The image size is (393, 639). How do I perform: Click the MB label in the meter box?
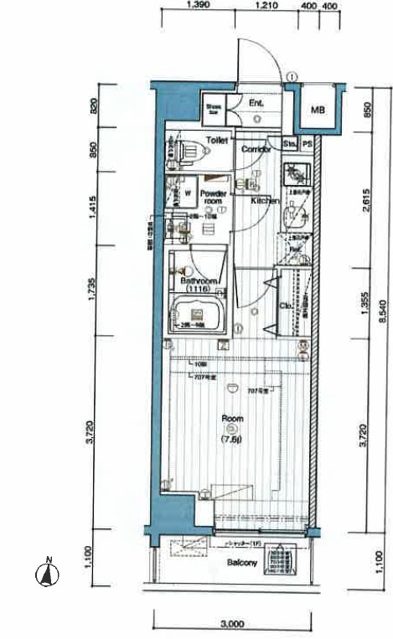tap(318, 111)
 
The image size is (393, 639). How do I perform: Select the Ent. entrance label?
tap(256, 103)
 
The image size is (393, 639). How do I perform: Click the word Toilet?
tap(217, 140)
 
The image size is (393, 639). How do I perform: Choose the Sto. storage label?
tap(289, 143)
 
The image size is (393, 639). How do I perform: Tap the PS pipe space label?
tap(307, 143)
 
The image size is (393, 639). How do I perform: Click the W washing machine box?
tap(187, 192)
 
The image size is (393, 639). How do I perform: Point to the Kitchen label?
tap(265, 201)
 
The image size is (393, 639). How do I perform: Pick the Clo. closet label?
tap(285, 307)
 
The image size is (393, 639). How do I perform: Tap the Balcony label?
tap(242, 564)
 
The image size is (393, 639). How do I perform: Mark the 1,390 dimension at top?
tap(197, 5)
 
